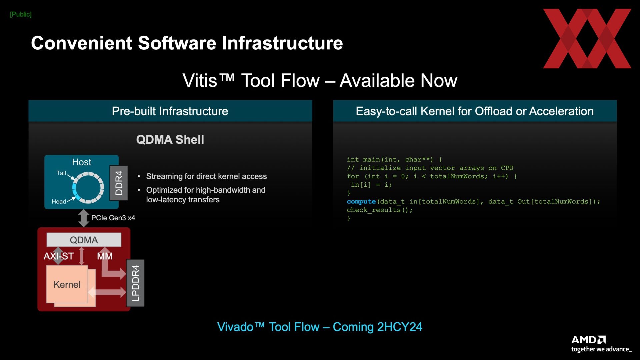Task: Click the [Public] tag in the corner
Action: (x=21, y=14)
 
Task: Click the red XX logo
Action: (x=587, y=39)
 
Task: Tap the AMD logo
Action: (x=588, y=340)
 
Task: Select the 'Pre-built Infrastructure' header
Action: (x=170, y=111)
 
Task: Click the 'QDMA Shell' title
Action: (x=170, y=139)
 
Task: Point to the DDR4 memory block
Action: (x=119, y=183)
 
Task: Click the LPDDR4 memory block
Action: (x=135, y=283)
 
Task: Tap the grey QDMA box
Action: (x=84, y=240)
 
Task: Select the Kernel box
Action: (x=67, y=284)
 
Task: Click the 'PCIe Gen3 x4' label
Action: (x=113, y=218)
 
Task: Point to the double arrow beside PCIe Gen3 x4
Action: (x=83, y=218)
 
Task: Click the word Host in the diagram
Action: (x=81, y=162)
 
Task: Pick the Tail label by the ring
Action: (x=61, y=173)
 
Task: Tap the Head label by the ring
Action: (x=59, y=201)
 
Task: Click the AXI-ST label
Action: (x=59, y=256)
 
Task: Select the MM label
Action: (x=105, y=256)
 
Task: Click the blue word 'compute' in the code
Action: (x=361, y=202)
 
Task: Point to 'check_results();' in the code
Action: (x=380, y=210)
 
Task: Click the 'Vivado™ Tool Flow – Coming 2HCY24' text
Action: (x=320, y=327)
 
